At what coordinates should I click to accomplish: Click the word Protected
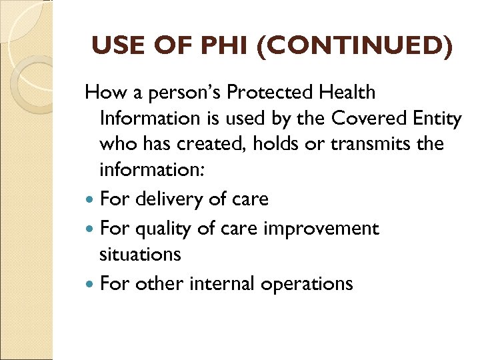tap(265, 93)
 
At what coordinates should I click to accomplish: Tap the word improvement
tap(321, 229)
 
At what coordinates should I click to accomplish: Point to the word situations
tap(140, 254)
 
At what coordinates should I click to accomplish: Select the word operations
tap(307, 284)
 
